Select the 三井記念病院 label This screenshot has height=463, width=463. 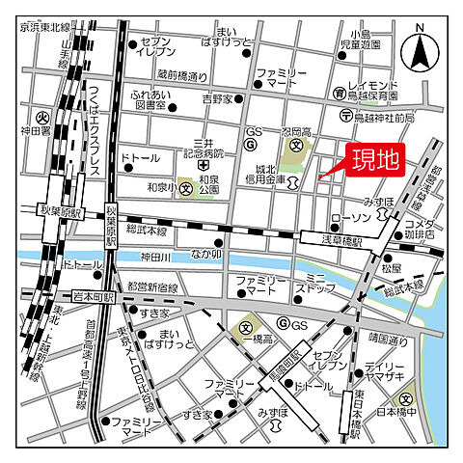pyautogui.click(x=208, y=146)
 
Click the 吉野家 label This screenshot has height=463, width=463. pyautogui.click(x=217, y=99)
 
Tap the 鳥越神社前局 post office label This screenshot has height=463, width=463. pyautogui.click(x=384, y=117)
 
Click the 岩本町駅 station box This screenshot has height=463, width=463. pyautogui.click(x=93, y=298)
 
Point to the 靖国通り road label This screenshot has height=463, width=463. pyautogui.click(x=388, y=339)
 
